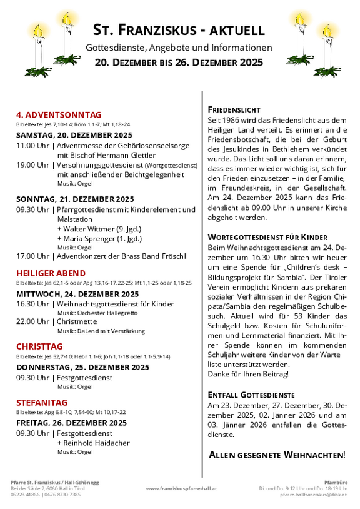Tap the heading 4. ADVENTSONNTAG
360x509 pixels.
pos(58,114)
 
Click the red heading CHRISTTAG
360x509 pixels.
pos(39,346)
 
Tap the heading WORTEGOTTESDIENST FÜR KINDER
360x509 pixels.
pos(267,238)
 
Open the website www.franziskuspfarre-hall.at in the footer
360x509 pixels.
pos(181,488)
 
